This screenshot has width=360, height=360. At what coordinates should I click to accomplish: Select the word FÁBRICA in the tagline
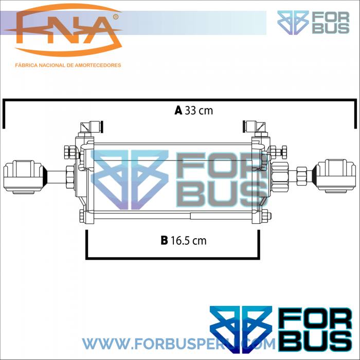[28, 65]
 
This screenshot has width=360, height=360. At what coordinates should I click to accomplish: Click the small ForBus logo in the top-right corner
[313, 23]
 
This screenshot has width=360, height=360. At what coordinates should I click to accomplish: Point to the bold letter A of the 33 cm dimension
[178, 110]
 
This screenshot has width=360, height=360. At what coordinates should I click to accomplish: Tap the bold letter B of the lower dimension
[164, 240]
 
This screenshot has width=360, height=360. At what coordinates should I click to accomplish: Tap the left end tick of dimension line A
[4, 114]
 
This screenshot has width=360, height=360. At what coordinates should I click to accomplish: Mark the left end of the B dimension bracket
[86, 244]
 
